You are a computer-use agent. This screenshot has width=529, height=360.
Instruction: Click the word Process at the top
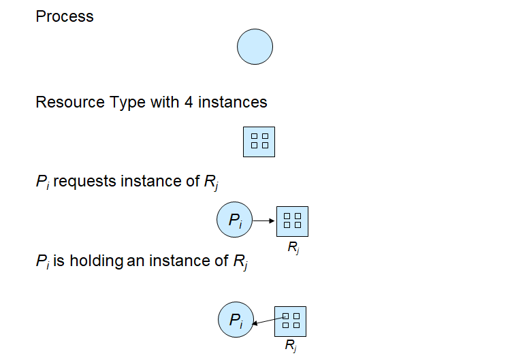tap(65, 16)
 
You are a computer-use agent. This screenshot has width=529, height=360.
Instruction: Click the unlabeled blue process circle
tap(255, 47)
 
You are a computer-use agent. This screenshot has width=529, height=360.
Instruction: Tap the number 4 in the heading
tap(187, 103)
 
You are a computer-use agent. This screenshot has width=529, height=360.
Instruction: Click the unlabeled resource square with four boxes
tap(259, 142)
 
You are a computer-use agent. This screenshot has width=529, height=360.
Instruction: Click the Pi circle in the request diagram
tap(234, 220)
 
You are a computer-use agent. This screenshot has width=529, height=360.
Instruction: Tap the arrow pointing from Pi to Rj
tap(263, 220)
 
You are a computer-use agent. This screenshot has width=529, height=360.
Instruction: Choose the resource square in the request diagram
tap(292, 220)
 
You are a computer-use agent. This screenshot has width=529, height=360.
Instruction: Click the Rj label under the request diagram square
tap(293, 248)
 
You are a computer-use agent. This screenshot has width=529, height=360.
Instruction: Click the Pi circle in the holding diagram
tap(236, 321)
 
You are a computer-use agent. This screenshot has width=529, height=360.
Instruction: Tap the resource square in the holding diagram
tap(291, 321)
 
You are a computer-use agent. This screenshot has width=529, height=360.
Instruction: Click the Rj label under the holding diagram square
tap(291, 346)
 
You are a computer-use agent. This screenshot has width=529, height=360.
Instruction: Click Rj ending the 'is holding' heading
tap(241, 261)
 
